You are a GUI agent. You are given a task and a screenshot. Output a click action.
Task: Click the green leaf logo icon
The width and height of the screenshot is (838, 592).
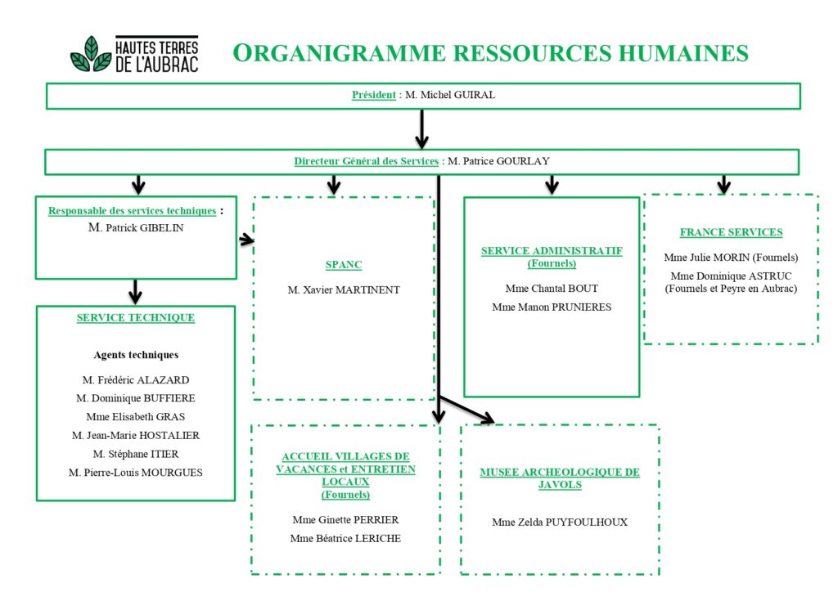91,55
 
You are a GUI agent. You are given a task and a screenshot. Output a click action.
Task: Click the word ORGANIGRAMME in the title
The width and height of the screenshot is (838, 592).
340,53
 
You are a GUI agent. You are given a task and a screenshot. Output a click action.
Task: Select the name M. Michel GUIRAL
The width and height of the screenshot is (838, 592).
450,95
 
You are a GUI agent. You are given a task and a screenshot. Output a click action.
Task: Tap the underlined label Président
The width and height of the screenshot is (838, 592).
373,95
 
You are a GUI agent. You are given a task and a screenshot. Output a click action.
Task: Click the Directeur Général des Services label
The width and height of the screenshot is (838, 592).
366,161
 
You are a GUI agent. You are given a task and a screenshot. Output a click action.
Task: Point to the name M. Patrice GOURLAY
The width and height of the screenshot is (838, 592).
498,161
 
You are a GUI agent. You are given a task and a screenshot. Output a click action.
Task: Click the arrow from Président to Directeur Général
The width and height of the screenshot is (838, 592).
421,129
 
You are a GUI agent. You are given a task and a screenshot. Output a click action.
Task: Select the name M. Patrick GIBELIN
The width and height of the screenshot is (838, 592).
136,228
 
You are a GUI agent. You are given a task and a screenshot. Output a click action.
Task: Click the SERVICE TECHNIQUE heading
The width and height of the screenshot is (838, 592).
136,317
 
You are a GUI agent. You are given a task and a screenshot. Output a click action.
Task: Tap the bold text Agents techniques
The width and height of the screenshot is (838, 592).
136,355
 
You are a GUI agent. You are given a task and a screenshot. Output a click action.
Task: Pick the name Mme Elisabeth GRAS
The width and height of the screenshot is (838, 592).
136,417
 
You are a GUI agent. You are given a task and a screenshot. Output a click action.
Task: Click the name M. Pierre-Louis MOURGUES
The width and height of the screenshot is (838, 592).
136,473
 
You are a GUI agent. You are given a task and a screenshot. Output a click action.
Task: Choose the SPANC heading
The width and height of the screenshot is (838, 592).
344,265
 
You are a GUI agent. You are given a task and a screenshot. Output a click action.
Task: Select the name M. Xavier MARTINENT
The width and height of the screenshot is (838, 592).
344,289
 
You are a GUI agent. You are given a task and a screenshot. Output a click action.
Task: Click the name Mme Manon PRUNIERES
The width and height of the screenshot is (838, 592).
552,307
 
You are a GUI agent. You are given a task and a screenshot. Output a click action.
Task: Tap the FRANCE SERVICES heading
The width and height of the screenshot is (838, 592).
731,232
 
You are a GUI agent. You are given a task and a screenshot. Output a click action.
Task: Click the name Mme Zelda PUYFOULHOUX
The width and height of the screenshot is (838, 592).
560,522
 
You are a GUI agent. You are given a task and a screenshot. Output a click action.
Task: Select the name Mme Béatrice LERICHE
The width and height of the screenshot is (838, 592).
345,539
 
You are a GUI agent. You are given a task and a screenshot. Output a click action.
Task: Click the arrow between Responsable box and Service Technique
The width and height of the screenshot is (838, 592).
135,291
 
